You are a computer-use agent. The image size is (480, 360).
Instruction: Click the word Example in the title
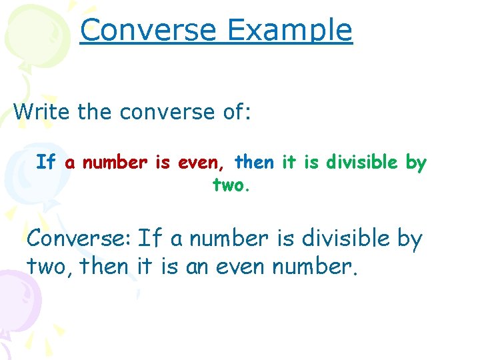tap(289, 30)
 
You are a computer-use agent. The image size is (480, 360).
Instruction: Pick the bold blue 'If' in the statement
tap(45, 162)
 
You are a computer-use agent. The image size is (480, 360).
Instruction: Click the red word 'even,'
tap(203, 162)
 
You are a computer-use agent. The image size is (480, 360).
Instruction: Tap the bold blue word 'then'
tap(253, 162)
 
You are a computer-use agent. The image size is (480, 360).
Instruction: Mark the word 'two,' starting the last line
tap(51, 266)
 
